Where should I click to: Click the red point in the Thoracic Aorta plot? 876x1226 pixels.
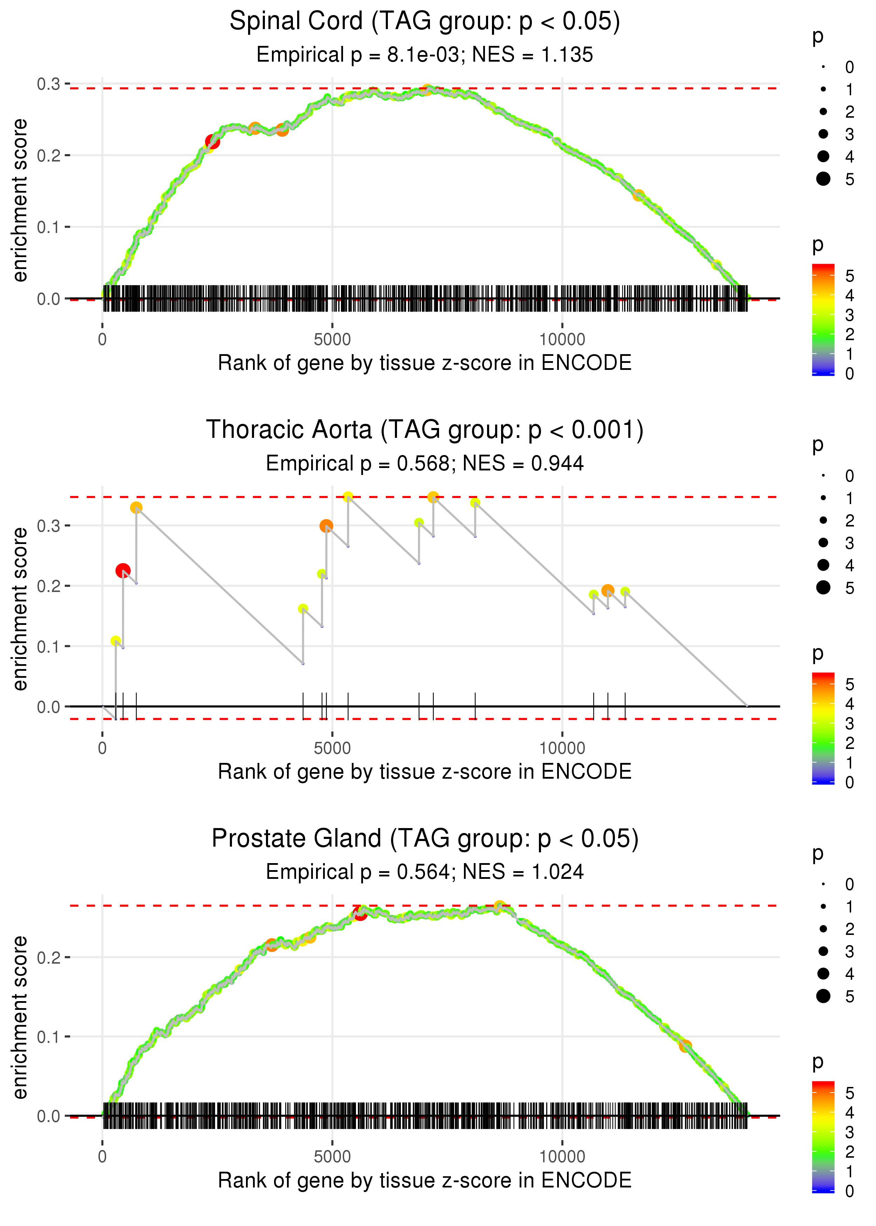[123, 570]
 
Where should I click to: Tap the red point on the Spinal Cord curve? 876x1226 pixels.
[213, 142]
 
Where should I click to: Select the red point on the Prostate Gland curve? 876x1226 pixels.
[360, 913]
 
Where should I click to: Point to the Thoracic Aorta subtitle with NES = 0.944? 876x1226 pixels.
[425, 463]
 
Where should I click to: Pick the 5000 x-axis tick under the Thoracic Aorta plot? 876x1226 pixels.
[332, 748]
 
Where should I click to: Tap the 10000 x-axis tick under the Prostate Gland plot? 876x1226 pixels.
[562, 1156]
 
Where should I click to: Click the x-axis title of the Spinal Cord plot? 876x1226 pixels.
[425, 363]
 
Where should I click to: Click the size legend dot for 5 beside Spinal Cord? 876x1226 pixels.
[823, 178]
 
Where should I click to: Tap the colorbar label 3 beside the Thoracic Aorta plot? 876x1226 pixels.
[850, 724]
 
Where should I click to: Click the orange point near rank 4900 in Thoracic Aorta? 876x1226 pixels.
[326, 526]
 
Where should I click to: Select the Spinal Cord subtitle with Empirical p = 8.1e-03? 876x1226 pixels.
[425, 54]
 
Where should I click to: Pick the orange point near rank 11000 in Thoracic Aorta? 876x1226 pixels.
[608, 590]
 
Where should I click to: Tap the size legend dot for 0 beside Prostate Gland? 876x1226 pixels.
[823, 884]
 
